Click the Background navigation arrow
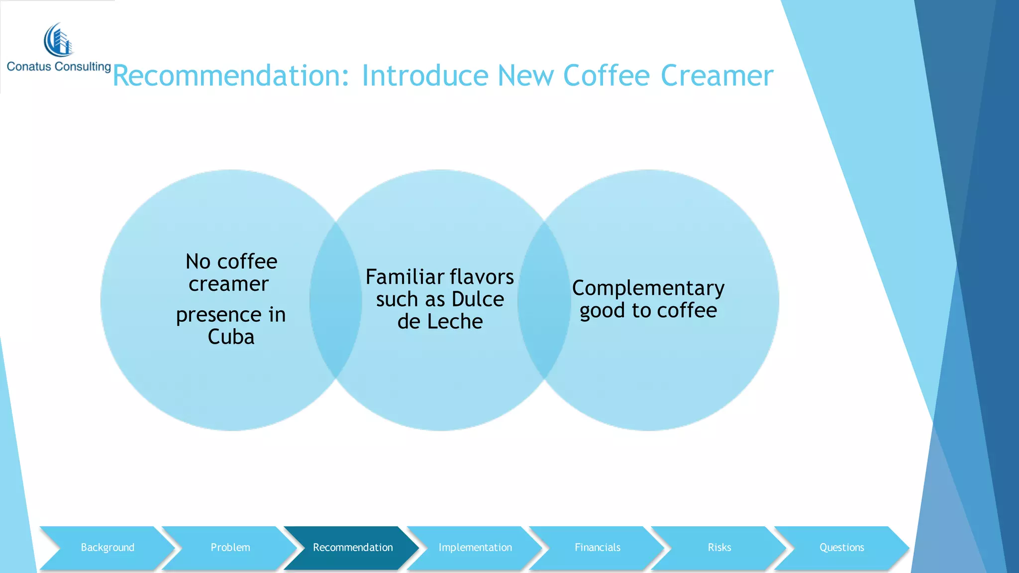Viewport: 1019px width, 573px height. [107, 548]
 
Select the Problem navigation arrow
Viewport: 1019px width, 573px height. [230, 548]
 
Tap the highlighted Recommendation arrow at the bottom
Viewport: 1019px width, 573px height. [352, 548]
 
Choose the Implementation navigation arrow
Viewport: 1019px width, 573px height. [475, 548]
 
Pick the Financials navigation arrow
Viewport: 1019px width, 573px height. [597, 548]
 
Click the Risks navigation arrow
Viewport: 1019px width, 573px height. [719, 548]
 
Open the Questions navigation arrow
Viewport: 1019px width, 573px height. [841, 548]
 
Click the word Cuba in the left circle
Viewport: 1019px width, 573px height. [231, 337]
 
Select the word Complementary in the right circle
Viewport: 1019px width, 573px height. [648, 288]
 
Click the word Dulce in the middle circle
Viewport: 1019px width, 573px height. [478, 299]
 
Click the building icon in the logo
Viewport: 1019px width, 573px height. [59, 40]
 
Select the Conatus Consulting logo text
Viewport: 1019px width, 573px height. [59, 67]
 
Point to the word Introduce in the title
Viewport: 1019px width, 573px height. [425, 76]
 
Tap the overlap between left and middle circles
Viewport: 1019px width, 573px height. [335, 300]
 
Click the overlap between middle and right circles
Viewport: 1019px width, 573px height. [544, 300]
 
